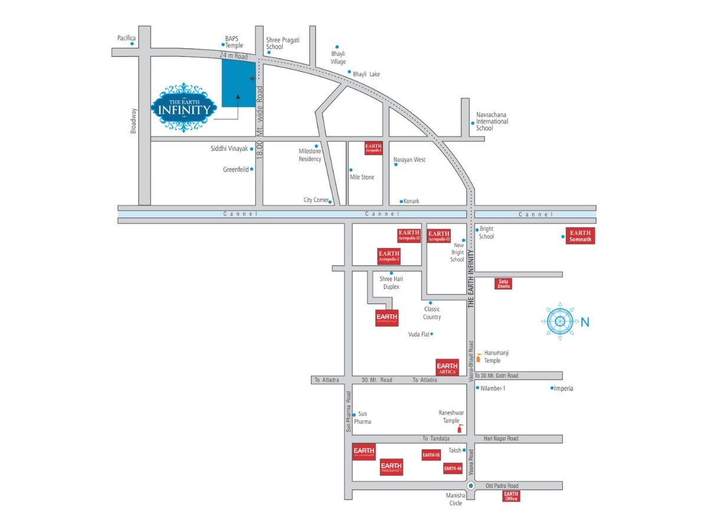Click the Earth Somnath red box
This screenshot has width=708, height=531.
[580, 235]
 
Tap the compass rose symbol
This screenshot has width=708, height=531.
[558, 322]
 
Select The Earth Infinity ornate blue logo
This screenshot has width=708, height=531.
[183, 107]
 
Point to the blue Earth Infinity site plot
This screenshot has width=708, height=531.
[238, 83]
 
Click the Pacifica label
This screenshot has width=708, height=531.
[126, 38]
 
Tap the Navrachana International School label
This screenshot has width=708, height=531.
[492, 121]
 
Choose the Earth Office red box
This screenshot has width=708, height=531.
[511, 496]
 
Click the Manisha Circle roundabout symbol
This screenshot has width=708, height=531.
[470, 486]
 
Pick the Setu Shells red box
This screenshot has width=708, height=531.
[504, 284]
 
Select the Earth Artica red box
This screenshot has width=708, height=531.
[447, 368]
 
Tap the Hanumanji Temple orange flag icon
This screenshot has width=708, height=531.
[478, 356]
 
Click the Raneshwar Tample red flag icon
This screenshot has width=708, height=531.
[461, 427]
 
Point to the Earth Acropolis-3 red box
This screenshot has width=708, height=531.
[389, 256]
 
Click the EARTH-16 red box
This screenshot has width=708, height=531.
[431, 455]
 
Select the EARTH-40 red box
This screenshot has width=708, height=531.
[453, 468]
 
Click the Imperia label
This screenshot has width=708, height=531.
[563, 388]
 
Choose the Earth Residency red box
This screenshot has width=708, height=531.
[392, 467]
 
